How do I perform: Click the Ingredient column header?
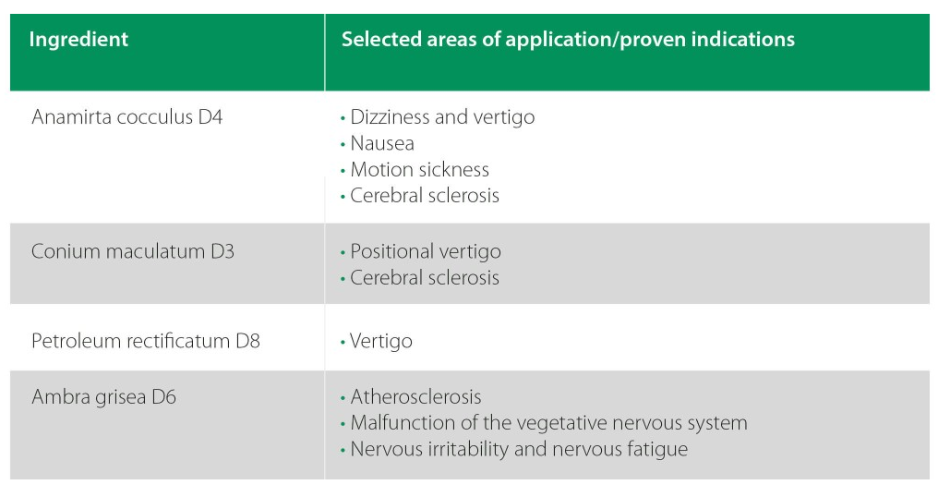(x=78, y=40)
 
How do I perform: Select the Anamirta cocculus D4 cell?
(x=126, y=116)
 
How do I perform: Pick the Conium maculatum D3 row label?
(x=133, y=251)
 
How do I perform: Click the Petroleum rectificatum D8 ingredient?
(x=146, y=341)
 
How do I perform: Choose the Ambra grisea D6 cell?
(x=104, y=397)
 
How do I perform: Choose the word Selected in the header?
(x=381, y=39)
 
